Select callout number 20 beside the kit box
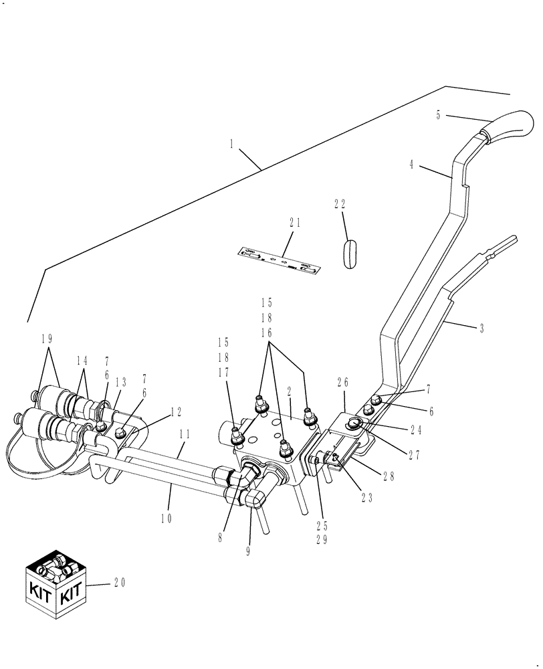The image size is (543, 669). pyautogui.click(x=119, y=583)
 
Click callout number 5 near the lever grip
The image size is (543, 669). pyautogui.click(x=438, y=115)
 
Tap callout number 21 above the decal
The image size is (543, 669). pyautogui.click(x=294, y=223)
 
